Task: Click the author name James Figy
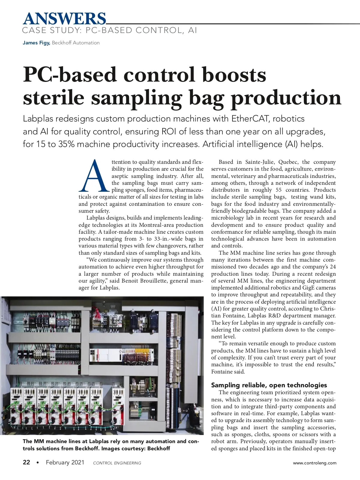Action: (x=36, y=43)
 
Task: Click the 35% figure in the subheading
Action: (x=67, y=144)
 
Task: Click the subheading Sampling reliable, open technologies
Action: (x=269, y=385)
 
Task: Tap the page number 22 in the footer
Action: (x=26, y=462)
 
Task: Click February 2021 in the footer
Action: (x=65, y=462)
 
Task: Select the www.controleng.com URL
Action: (x=315, y=463)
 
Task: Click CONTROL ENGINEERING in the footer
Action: (x=117, y=463)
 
